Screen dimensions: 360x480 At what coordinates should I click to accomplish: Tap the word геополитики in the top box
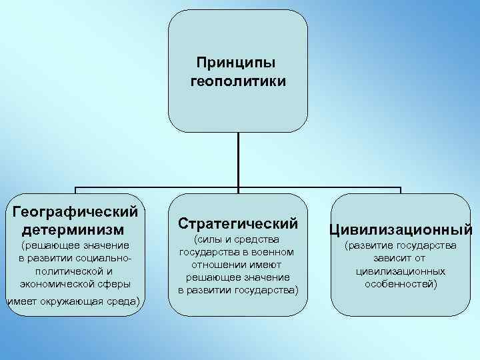[x=238, y=83]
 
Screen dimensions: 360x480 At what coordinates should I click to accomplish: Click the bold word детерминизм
[x=73, y=230]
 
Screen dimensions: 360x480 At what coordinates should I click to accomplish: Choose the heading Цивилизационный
[x=400, y=230]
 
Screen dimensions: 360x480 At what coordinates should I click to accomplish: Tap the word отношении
[x=217, y=264]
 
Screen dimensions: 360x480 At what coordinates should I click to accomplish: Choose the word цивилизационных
[x=400, y=271]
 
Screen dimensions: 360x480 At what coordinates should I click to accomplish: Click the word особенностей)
[x=401, y=284]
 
